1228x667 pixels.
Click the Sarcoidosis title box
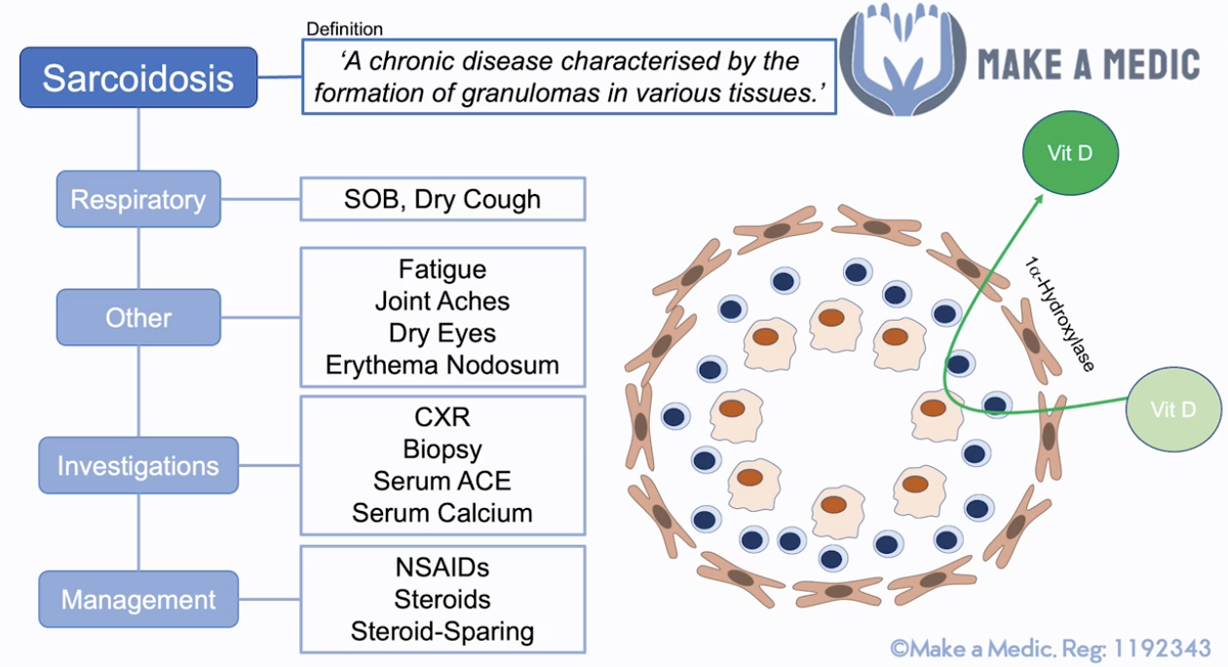[138, 78]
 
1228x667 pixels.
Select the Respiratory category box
[138, 200]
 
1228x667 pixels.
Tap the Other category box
[138, 318]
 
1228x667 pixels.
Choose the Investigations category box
[138, 466]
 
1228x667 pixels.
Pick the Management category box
[138, 599]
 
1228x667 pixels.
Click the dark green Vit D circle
[1070, 153]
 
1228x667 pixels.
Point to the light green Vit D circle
[1172, 410]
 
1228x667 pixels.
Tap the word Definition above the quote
[345, 29]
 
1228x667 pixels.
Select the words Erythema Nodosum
[442, 366]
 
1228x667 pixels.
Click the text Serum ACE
[442, 481]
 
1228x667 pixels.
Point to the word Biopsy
[442, 450]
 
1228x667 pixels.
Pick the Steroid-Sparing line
[442, 631]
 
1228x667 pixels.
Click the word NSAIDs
[442, 567]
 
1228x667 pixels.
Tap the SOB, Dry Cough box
[442, 200]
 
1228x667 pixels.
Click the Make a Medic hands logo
[901, 59]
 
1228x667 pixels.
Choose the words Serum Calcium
[442, 513]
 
